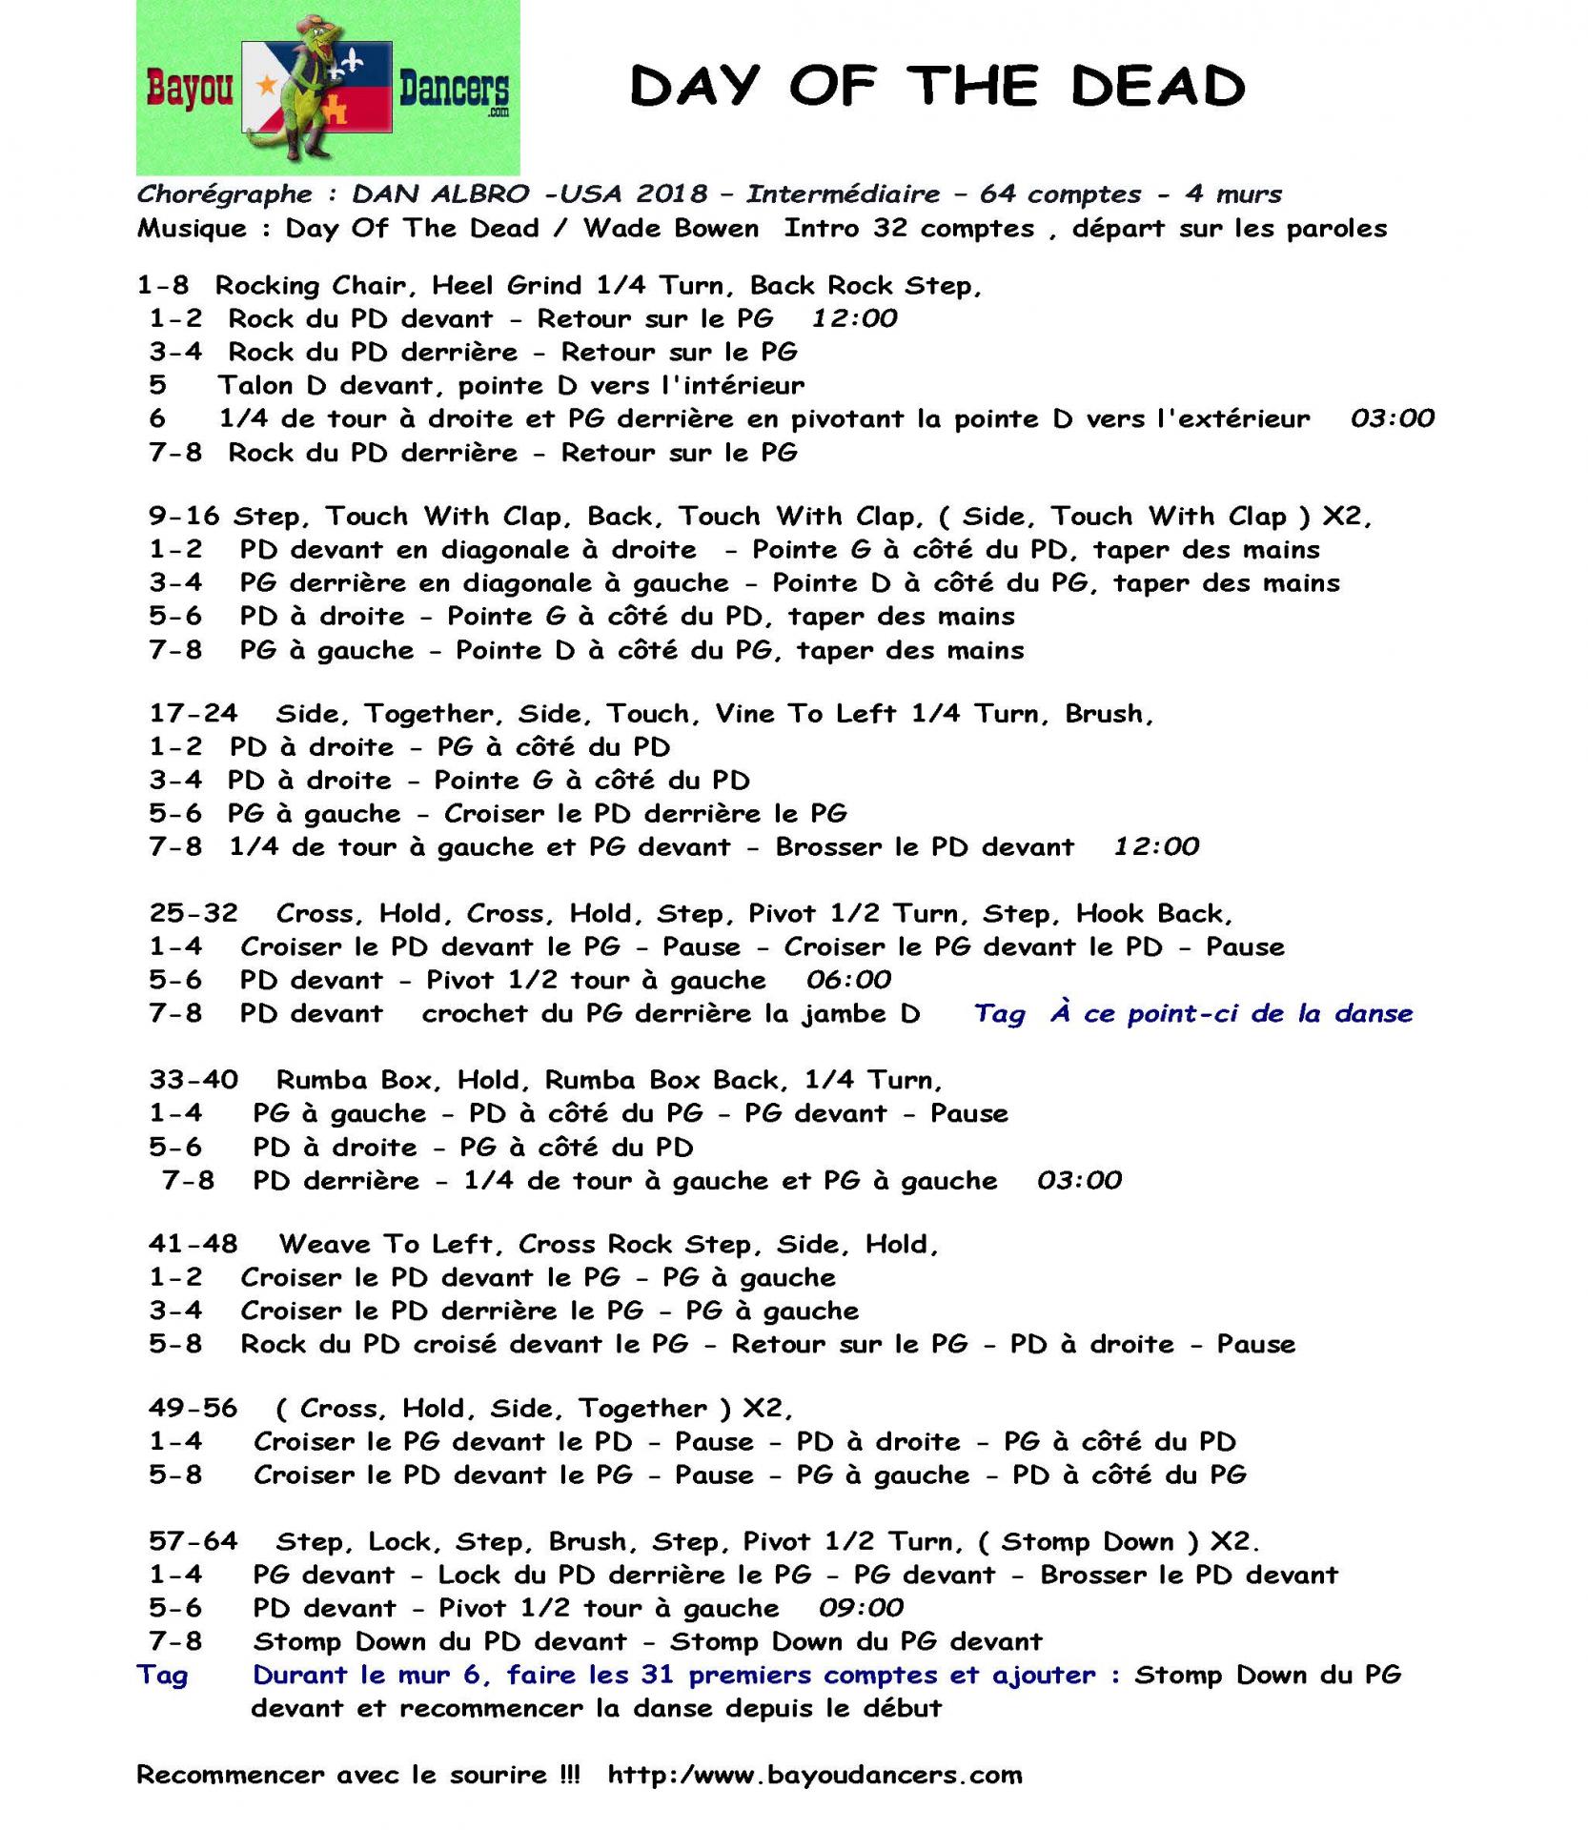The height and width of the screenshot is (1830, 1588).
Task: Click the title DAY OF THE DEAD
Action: point(937,88)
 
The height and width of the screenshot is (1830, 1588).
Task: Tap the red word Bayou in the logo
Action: point(189,91)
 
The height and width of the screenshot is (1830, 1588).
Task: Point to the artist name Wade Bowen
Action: point(671,229)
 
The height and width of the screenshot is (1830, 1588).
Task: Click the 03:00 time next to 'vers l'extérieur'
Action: point(1392,418)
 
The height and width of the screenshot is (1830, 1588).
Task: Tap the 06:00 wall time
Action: point(848,980)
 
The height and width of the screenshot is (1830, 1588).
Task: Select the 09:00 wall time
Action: point(861,1608)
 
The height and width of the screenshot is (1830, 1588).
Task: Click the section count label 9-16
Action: point(184,517)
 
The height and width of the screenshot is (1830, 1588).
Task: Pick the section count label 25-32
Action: point(193,913)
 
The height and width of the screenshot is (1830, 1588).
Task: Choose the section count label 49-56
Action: point(193,1409)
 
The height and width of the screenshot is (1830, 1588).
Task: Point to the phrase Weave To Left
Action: point(386,1244)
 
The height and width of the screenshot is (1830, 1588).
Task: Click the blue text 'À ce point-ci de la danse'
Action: point(1232,1013)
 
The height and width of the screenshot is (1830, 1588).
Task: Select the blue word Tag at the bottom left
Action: point(162,1675)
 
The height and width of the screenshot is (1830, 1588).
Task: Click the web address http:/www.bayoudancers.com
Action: point(814,1775)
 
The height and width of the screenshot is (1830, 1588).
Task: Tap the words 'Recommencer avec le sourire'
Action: point(341,1775)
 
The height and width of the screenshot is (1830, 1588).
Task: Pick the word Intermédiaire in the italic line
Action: point(843,194)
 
